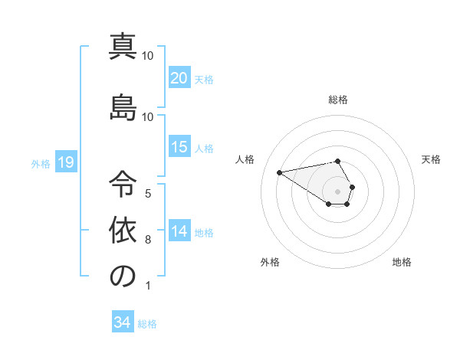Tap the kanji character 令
pyautogui.click(x=123, y=182)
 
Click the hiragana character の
pyautogui.click(x=123, y=277)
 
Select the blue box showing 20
pyautogui.click(x=179, y=78)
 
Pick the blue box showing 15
pyautogui.click(x=179, y=147)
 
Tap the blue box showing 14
pyautogui.click(x=179, y=231)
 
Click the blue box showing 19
pyautogui.click(x=65, y=162)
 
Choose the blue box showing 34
pyautogui.click(x=123, y=322)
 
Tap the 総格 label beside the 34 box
pyautogui.click(x=148, y=324)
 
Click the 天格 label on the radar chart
pyautogui.click(x=432, y=159)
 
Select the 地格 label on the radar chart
pyautogui.click(x=402, y=263)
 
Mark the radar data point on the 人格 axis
pyautogui.click(x=280, y=172)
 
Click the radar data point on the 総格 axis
pyautogui.click(x=338, y=161)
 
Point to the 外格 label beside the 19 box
pyautogui.click(x=41, y=164)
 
